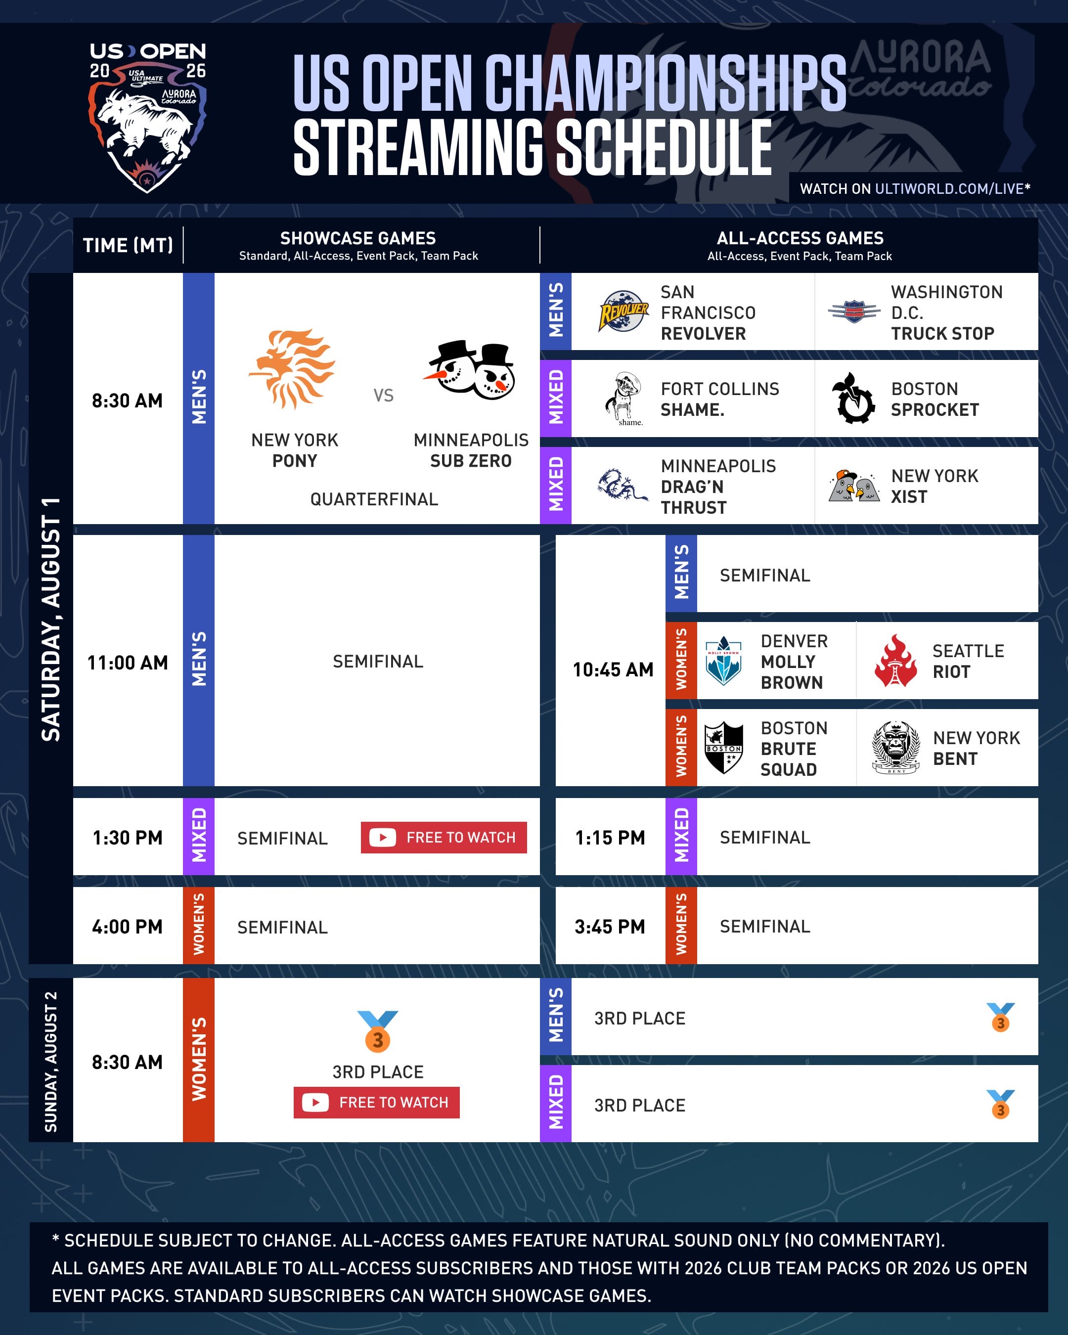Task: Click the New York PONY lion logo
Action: (x=292, y=369)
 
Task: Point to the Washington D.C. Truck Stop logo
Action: (x=854, y=311)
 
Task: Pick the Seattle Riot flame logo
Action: (x=895, y=661)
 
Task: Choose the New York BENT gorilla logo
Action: (x=896, y=748)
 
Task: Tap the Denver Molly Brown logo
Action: (x=723, y=661)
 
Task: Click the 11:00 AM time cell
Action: (x=128, y=663)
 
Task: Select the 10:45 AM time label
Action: (x=613, y=669)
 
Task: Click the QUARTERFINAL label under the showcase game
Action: (x=374, y=499)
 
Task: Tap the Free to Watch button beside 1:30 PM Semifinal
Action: (x=444, y=837)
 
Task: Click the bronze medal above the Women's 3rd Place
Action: (x=378, y=1031)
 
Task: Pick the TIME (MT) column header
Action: (x=128, y=245)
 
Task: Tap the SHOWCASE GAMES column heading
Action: (x=358, y=238)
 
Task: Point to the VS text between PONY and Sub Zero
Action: (x=383, y=395)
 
